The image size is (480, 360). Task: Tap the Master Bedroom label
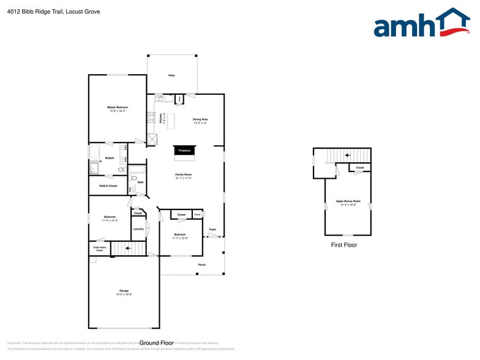point(118,107)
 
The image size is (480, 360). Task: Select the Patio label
point(171,75)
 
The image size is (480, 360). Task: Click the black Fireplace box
point(184,150)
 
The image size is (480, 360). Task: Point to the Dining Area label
point(200,119)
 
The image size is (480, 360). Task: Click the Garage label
point(124,290)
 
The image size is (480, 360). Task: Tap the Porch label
point(201,264)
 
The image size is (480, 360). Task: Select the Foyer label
point(212,230)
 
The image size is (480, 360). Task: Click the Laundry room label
point(138,229)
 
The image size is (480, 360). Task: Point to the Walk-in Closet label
point(108,186)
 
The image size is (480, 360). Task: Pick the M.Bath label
point(110,159)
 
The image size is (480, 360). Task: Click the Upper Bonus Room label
point(348,201)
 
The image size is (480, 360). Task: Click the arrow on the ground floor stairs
point(129,249)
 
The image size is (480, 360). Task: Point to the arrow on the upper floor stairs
point(348,156)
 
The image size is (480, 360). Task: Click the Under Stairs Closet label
point(99,249)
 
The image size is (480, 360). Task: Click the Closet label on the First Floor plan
point(359,167)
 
